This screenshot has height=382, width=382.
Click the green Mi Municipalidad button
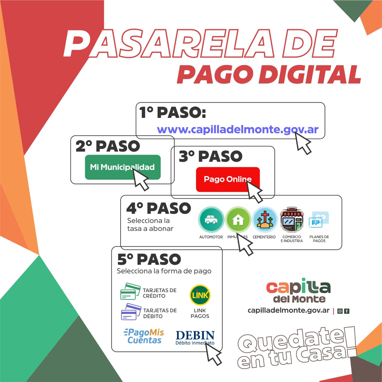click(123, 167)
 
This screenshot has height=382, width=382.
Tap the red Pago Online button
click(228, 179)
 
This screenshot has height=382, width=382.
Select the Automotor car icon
click(211, 219)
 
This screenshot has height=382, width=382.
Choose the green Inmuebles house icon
click(238, 219)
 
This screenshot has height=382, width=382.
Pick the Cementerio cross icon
click(264, 219)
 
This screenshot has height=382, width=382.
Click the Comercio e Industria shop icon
click(292, 219)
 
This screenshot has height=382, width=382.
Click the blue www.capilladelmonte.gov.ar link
click(238, 130)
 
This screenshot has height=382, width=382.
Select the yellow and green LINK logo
click(200, 295)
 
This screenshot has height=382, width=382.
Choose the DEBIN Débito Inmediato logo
click(195, 338)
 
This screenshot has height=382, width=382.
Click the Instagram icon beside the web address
click(340, 311)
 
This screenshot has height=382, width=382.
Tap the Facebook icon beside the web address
click(347, 311)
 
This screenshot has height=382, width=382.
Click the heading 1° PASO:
click(173, 113)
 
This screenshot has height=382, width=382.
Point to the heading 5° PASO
click(149, 259)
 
